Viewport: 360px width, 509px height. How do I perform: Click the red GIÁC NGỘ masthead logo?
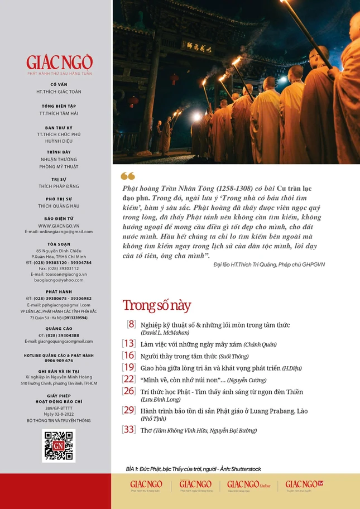pos(59,62)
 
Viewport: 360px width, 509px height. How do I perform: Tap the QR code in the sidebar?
pos(59,445)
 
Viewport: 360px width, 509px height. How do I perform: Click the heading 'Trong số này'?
pos(156,305)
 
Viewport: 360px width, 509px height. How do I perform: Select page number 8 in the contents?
pos(131,324)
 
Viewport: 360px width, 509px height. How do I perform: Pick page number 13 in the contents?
pos(129,344)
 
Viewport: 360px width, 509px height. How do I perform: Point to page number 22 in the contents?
pos(129,379)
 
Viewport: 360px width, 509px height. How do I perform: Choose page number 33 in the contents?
pos(129,430)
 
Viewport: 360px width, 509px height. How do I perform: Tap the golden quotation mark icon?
pos(128,176)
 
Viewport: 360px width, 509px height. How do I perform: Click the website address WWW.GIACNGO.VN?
pos(59,226)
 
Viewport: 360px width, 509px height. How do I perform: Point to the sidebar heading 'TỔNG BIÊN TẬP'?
pos(59,106)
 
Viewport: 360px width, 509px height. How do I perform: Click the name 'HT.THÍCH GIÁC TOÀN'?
pos(59,91)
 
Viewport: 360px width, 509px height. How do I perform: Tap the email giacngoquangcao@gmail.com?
pos(59,341)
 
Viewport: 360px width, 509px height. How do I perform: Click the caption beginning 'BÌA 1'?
pos(194,469)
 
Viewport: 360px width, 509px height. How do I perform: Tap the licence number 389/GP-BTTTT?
pos(59,408)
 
